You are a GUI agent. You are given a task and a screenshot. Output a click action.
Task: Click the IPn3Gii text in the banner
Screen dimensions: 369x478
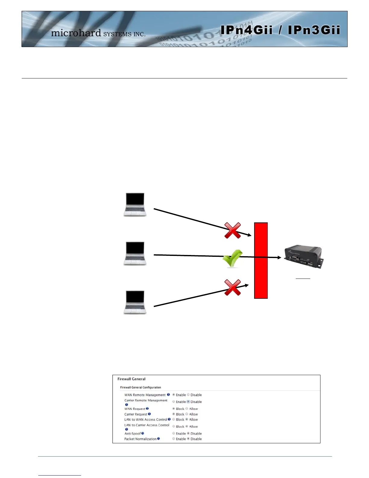(314, 30)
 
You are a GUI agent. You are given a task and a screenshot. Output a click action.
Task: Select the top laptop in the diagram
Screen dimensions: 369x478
(135, 204)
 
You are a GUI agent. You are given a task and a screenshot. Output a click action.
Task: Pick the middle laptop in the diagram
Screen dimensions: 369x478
(135, 253)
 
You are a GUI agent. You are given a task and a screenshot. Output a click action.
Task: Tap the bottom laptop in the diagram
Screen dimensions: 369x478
(135, 302)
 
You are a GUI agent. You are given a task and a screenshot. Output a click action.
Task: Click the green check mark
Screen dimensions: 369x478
(232, 258)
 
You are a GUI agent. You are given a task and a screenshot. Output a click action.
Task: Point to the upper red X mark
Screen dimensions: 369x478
(232, 231)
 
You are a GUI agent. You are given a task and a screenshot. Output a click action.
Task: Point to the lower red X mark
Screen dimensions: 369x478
(232, 287)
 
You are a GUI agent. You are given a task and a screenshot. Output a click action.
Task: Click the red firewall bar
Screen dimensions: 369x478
(261, 260)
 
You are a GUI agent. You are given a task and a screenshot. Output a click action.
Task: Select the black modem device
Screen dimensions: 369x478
(303, 257)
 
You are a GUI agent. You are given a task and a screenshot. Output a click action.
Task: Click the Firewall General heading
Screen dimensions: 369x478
(131, 379)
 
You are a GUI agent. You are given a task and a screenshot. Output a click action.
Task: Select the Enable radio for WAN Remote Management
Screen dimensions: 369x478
(174, 395)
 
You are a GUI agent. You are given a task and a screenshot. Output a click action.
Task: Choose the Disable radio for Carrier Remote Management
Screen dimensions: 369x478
(188, 402)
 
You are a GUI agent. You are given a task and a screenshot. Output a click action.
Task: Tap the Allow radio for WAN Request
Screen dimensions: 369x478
(187, 409)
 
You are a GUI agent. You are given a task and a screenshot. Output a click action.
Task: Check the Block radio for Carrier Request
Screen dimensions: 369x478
(174, 414)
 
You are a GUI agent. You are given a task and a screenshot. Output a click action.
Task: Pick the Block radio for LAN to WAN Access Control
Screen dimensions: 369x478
(174, 419)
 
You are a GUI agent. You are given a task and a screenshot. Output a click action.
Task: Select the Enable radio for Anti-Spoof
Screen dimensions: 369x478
(174, 433)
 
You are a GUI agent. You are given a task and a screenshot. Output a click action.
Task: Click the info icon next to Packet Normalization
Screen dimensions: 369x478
(159, 439)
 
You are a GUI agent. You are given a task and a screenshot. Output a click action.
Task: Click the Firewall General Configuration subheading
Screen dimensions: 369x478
(140, 387)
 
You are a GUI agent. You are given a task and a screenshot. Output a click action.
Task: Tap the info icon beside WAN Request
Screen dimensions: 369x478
(147, 409)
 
